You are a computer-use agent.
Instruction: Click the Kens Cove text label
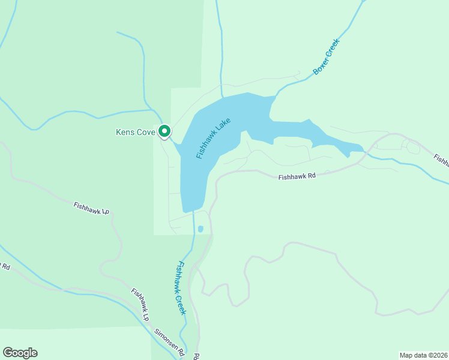(x=135, y=132)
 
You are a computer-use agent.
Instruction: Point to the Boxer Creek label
(x=326, y=58)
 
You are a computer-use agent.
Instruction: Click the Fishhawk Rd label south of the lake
(x=297, y=177)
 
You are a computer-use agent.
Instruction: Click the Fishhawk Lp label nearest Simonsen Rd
(x=140, y=304)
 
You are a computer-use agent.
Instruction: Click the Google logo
(x=20, y=353)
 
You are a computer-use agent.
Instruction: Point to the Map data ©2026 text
(x=423, y=355)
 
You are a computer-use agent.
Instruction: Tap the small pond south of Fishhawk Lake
(x=200, y=229)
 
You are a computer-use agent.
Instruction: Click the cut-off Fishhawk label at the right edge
(x=441, y=160)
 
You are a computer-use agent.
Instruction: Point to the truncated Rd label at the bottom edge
(x=196, y=356)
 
